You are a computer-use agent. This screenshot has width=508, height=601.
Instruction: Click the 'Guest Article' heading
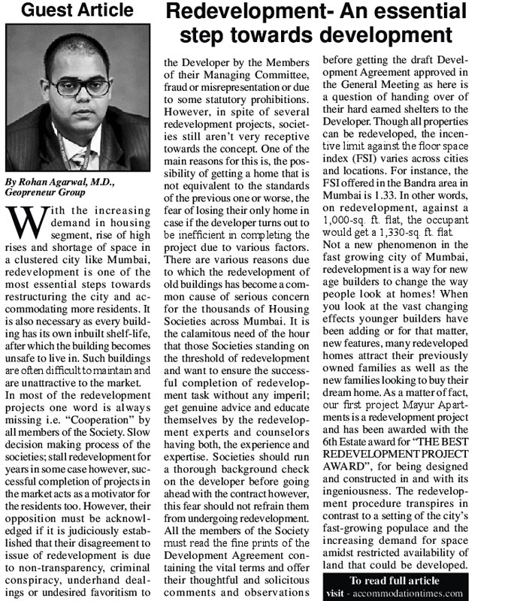point(77,11)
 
